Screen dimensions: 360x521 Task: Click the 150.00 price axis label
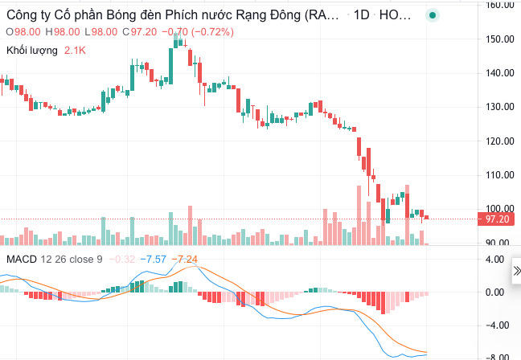coord(501,39)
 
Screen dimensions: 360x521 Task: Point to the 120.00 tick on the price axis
coord(501,141)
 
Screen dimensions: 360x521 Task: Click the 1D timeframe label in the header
coord(360,15)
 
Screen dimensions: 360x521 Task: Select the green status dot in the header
coord(433,15)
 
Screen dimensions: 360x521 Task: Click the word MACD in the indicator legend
coord(22,260)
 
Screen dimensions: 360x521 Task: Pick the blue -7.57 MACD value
coord(154,260)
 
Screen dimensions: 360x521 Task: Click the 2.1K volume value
coord(76,51)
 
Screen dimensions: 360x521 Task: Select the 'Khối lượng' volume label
coord(32,51)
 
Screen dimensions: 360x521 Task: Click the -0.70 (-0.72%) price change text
coord(198,32)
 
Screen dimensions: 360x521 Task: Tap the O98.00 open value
coord(24,32)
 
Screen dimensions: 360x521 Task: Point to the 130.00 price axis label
coord(501,107)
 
